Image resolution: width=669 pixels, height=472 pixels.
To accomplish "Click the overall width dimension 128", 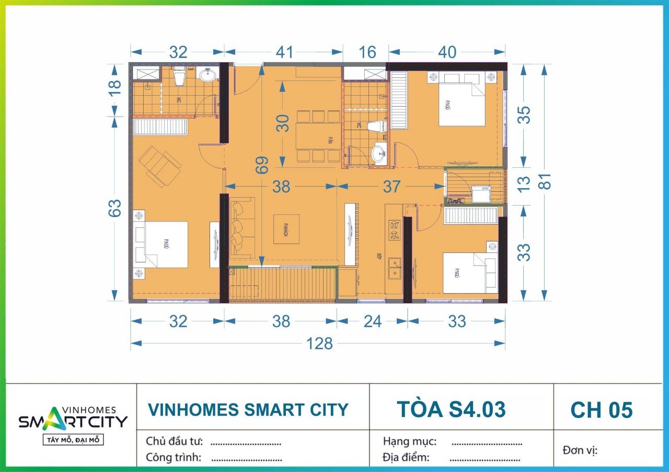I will click(x=319, y=343).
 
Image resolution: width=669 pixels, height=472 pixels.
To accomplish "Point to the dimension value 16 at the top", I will click(x=367, y=52).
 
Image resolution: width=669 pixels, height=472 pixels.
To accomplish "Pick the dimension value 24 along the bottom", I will click(x=372, y=321).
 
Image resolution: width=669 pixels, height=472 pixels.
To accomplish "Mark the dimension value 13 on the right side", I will click(x=525, y=183).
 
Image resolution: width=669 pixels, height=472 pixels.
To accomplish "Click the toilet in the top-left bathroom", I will click(x=179, y=77).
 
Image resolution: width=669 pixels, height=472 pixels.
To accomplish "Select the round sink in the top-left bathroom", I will click(x=209, y=75).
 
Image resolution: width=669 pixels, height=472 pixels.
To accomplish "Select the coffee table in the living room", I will click(x=286, y=229).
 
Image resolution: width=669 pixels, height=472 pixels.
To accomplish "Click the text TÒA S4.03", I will click(x=451, y=409).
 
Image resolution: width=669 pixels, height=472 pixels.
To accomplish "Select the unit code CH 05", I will click(x=601, y=410).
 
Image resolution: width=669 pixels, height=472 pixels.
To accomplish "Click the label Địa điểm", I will click(x=406, y=457).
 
